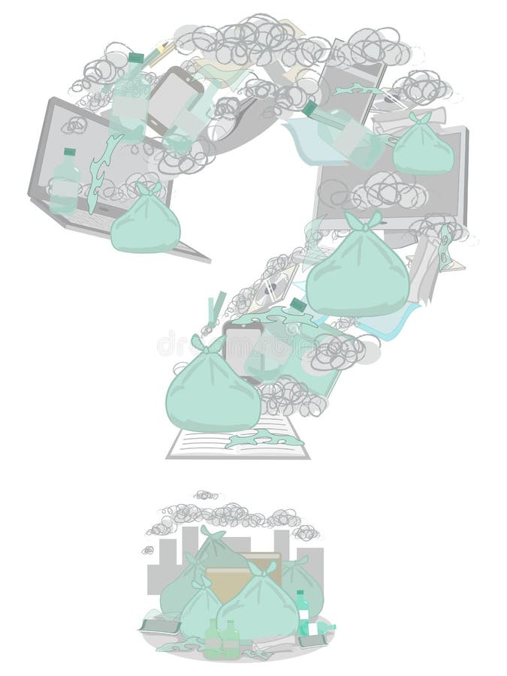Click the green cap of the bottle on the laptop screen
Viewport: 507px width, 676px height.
pyautogui.click(x=69, y=152)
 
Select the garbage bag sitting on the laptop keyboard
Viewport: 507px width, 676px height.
pyautogui.click(x=146, y=221)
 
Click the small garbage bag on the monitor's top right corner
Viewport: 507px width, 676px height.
pyautogui.click(x=423, y=146)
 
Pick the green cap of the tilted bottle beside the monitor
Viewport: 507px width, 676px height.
pyautogui.click(x=309, y=109)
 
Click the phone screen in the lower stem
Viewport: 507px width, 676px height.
pyautogui.click(x=242, y=346)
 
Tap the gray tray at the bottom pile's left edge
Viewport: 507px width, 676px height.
pyautogui.click(x=160, y=623)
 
